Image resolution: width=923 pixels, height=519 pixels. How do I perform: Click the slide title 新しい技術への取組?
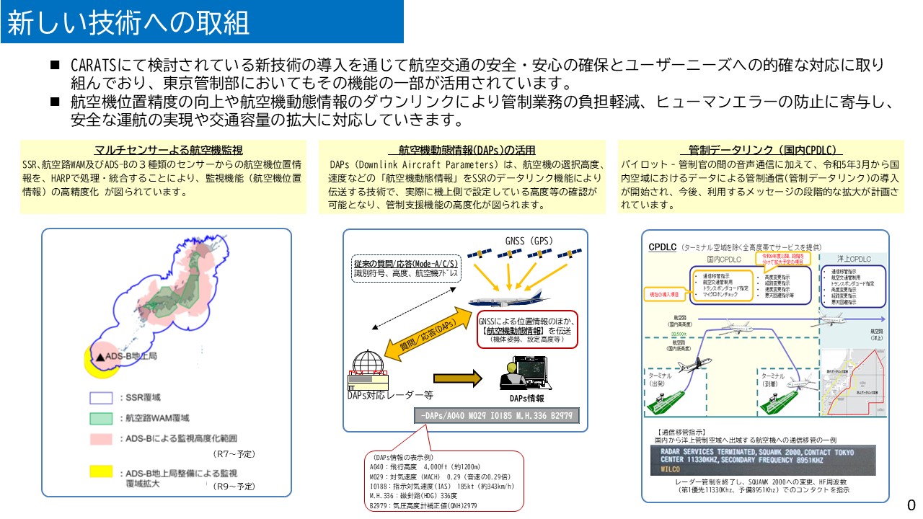[128, 24]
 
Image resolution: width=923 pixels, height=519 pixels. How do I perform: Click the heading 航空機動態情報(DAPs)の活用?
[467, 150]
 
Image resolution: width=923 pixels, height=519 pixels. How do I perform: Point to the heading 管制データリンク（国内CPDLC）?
[765, 150]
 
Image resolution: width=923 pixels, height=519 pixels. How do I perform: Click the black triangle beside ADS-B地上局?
[101, 356]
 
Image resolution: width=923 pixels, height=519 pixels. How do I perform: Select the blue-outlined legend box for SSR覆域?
[101, 397]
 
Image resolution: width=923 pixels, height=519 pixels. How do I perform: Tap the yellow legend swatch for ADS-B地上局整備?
[101, 472]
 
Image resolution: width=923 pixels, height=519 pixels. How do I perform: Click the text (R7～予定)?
[234, 454]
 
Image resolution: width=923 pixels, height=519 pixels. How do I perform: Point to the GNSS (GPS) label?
[529, 241]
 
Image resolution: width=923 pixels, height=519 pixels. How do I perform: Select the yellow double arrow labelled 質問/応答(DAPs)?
[429, 337]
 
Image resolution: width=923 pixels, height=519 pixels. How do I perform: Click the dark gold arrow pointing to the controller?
[456, 377]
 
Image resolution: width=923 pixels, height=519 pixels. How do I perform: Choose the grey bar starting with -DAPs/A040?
[496, 415]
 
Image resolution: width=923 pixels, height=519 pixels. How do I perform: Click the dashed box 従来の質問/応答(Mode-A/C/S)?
[405, 270]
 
